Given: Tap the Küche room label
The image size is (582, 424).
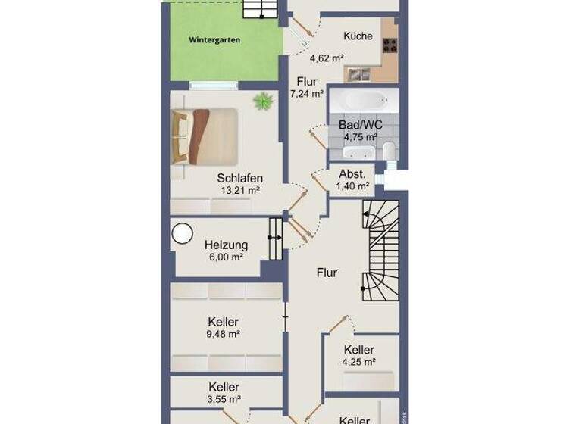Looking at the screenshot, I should click(x=358, y=36).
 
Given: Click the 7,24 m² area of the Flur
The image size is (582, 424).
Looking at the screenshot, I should click(x=308, y=94).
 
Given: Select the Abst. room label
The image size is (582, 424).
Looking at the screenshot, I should click(x=352, y=173).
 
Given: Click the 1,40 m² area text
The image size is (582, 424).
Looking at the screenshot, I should click(x=352, y=186).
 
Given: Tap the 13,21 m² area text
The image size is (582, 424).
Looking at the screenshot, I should click(x=240, y=192).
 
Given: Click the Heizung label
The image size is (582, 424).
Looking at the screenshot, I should click(x=226, y=245).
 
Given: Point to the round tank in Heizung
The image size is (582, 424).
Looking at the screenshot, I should click(x=183, y=234).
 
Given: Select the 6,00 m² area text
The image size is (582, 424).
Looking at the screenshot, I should click(x=226, y=257).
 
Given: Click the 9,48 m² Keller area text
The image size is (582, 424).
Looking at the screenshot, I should click(x=224, y=334).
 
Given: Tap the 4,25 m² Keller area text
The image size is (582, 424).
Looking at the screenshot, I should click(x=359, y=362).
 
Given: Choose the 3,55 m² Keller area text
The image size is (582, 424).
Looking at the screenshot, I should click(x=224, y=399).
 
